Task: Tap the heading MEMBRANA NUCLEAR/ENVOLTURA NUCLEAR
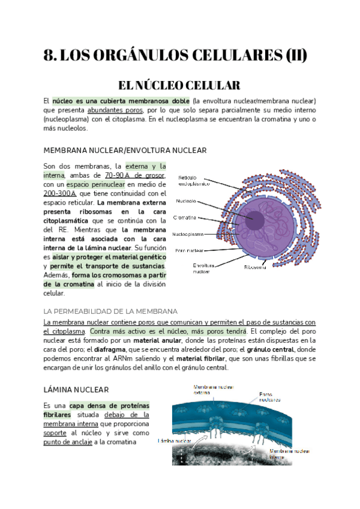point(125,150)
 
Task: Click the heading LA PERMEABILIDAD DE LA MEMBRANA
point(110,312)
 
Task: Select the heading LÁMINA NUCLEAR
point(76,390)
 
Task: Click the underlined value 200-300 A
point(60,193)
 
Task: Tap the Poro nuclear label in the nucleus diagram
point(189,250)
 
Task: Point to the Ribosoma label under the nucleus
point(255,267)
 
